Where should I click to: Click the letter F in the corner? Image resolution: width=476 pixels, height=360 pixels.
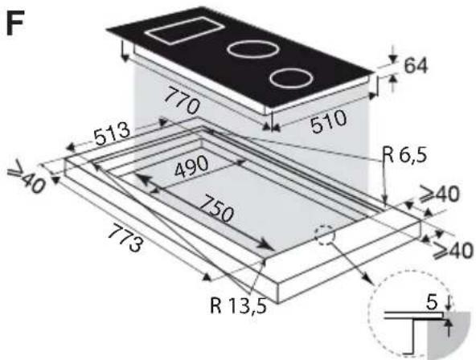click(x=15, y=23)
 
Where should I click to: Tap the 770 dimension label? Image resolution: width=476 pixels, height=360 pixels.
click(x=182, y=100)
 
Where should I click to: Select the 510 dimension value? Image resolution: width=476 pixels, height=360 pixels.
click(x=329, y=121)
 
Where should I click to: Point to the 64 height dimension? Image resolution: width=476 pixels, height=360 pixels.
click(x=416, y=66)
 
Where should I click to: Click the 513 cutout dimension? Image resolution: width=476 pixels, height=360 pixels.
click(x=112, y=134)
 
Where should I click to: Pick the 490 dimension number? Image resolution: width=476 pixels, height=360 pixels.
click(x=191, y=166)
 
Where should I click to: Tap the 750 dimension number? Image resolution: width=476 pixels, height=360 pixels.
click(x=216, y=209)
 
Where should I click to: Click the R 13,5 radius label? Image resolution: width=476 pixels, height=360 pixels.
click(x=238, y=305)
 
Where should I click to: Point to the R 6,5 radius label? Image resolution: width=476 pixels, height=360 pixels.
click(x=404, y=156)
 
